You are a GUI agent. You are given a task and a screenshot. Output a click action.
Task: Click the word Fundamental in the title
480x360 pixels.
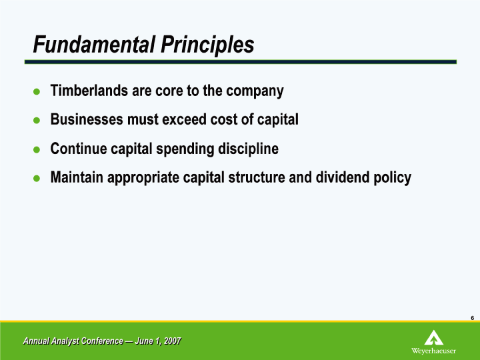pyautogui.click(x=94, y=45)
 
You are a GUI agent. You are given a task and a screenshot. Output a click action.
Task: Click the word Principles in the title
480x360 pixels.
pyautogui.click(x=207, y=45)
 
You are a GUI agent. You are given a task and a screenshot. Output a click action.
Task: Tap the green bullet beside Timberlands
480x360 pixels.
pyautogui.click(x=37, y=91)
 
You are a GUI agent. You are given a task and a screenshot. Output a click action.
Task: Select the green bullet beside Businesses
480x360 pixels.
pyautogui.click(x=37, y=120)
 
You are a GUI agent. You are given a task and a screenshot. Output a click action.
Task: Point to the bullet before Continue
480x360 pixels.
pyautogui.click(x=37, y=149)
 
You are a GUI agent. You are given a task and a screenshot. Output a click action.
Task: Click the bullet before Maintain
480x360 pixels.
pyautogui.click(x=37, y=178)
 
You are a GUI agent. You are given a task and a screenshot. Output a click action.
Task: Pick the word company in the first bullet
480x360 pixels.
pyautogui.click(x=255, y=91)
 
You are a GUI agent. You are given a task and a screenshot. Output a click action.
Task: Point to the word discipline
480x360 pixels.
pyautogui.click(x=248, y=149)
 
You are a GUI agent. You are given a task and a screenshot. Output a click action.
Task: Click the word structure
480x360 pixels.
pyautogui.click(x=257, y=178)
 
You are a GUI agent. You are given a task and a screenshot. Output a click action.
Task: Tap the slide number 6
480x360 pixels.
pyautogui.click(x=473, y=318)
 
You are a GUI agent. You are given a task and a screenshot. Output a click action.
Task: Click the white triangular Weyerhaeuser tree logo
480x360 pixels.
pyautogui.click(x=434, y=337)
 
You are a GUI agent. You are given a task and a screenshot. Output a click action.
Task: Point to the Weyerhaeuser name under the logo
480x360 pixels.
pyautogui.click(x=433, y=351)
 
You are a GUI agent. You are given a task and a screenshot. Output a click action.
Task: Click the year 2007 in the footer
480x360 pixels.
pyautogui.click(x=173, y=341)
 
